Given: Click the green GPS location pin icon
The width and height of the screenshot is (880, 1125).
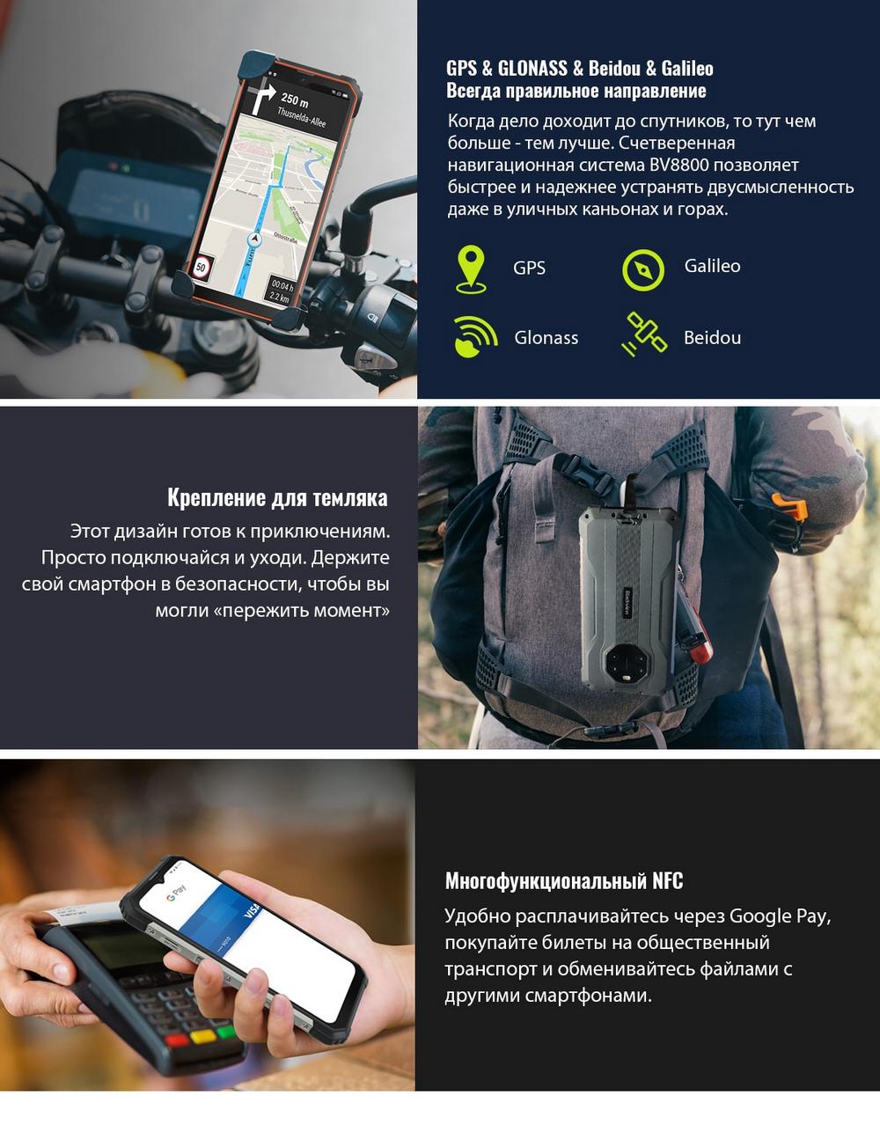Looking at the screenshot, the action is click(471, 269).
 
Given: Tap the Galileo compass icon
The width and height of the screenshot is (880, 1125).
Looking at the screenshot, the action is click(643, 269).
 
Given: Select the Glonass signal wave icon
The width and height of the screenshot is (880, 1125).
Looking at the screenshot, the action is click(475, 336).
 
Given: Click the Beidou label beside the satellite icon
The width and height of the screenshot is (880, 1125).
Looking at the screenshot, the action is click(712, 337).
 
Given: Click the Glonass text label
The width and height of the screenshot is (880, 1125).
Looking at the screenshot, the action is click(546, 337).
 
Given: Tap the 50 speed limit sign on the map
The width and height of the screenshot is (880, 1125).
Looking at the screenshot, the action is click(201, 268).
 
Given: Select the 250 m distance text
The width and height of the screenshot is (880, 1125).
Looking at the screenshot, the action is click(295, 98).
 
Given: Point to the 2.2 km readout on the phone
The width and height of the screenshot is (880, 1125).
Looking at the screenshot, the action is click(279, 298).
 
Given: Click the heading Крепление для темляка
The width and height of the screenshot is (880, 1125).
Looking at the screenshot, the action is click(277, 497).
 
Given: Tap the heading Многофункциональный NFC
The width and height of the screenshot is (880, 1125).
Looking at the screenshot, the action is click(564, 880).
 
